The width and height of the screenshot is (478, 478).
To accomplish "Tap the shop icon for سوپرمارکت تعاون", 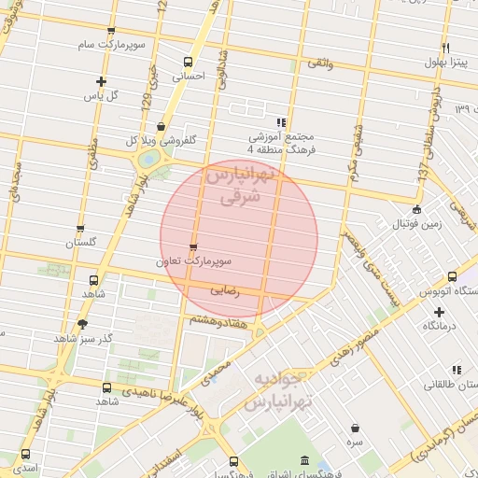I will [193, 247].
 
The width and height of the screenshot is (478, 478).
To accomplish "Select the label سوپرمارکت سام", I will [112, 44].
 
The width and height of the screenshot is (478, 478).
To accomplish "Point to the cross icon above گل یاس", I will [101, 81].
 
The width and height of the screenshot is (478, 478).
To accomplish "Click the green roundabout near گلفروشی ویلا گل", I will [147, 160].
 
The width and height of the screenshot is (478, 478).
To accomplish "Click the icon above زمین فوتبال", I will [417, 209].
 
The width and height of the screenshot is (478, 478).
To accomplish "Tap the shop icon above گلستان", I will [80, 228].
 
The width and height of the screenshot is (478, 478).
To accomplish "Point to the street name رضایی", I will [226, 291].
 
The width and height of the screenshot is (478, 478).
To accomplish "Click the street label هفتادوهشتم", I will [218, 319].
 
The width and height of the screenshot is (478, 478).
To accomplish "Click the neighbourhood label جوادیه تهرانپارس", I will [279, 391].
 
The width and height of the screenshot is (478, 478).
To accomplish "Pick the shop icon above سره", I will [356, 428].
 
